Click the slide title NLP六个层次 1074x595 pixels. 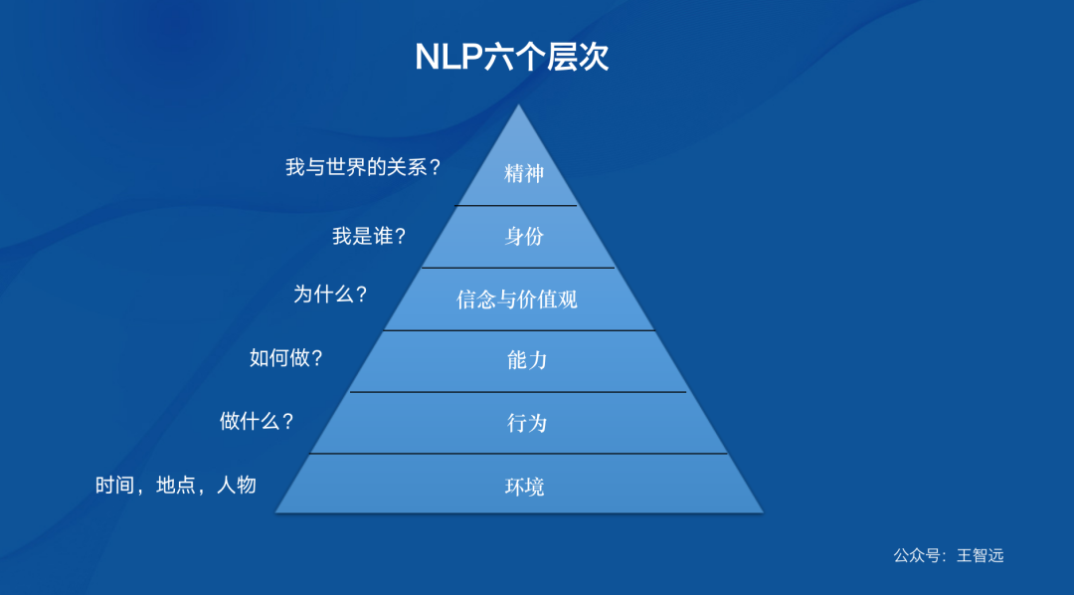(x=511, y=57)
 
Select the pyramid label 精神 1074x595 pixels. (x=524, y=173)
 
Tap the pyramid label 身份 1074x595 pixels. (x=524, y=236)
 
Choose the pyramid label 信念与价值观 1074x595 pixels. (x=517, y=298)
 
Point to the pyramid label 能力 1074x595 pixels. (x=526, y=360)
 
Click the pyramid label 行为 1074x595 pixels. (x=526, y=423)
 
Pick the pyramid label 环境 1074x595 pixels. (x=524, y=487)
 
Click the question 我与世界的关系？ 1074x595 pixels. (x=363, y=167)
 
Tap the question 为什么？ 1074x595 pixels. (x=331, y=295)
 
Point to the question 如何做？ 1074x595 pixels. (x=286, y=358)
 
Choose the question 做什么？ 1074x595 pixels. (x=258, y=421)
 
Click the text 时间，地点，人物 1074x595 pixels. (x=176, y=486)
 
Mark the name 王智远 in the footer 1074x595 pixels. (x=981, y=555)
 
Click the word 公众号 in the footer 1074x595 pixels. (x=916, y=555)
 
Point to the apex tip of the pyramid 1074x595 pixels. (x=518, y=106)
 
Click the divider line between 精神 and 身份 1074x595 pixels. (x=516, y=205)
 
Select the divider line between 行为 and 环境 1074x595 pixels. (x=518, y=454)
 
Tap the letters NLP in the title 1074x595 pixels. (x=448, y=57)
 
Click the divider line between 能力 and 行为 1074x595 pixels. (x=518, y=392)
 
